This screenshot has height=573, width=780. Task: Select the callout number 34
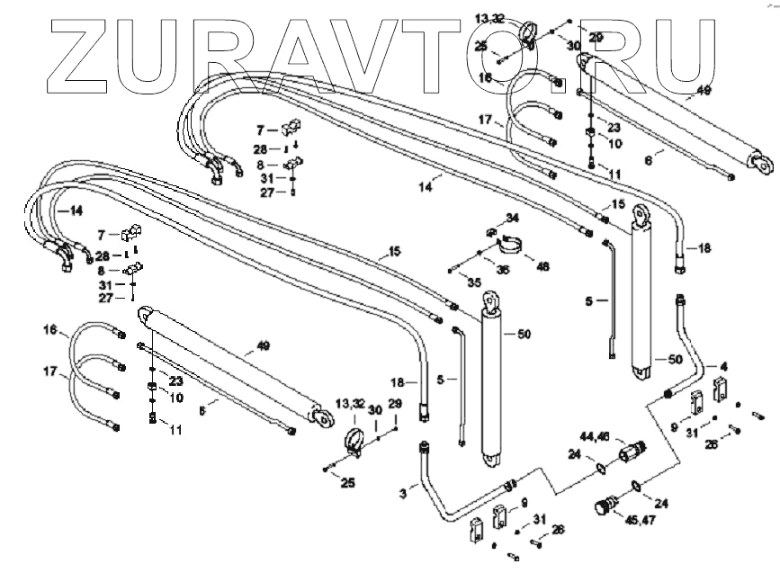click(512, 219)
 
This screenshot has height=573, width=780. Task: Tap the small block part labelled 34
click(491, 233)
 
